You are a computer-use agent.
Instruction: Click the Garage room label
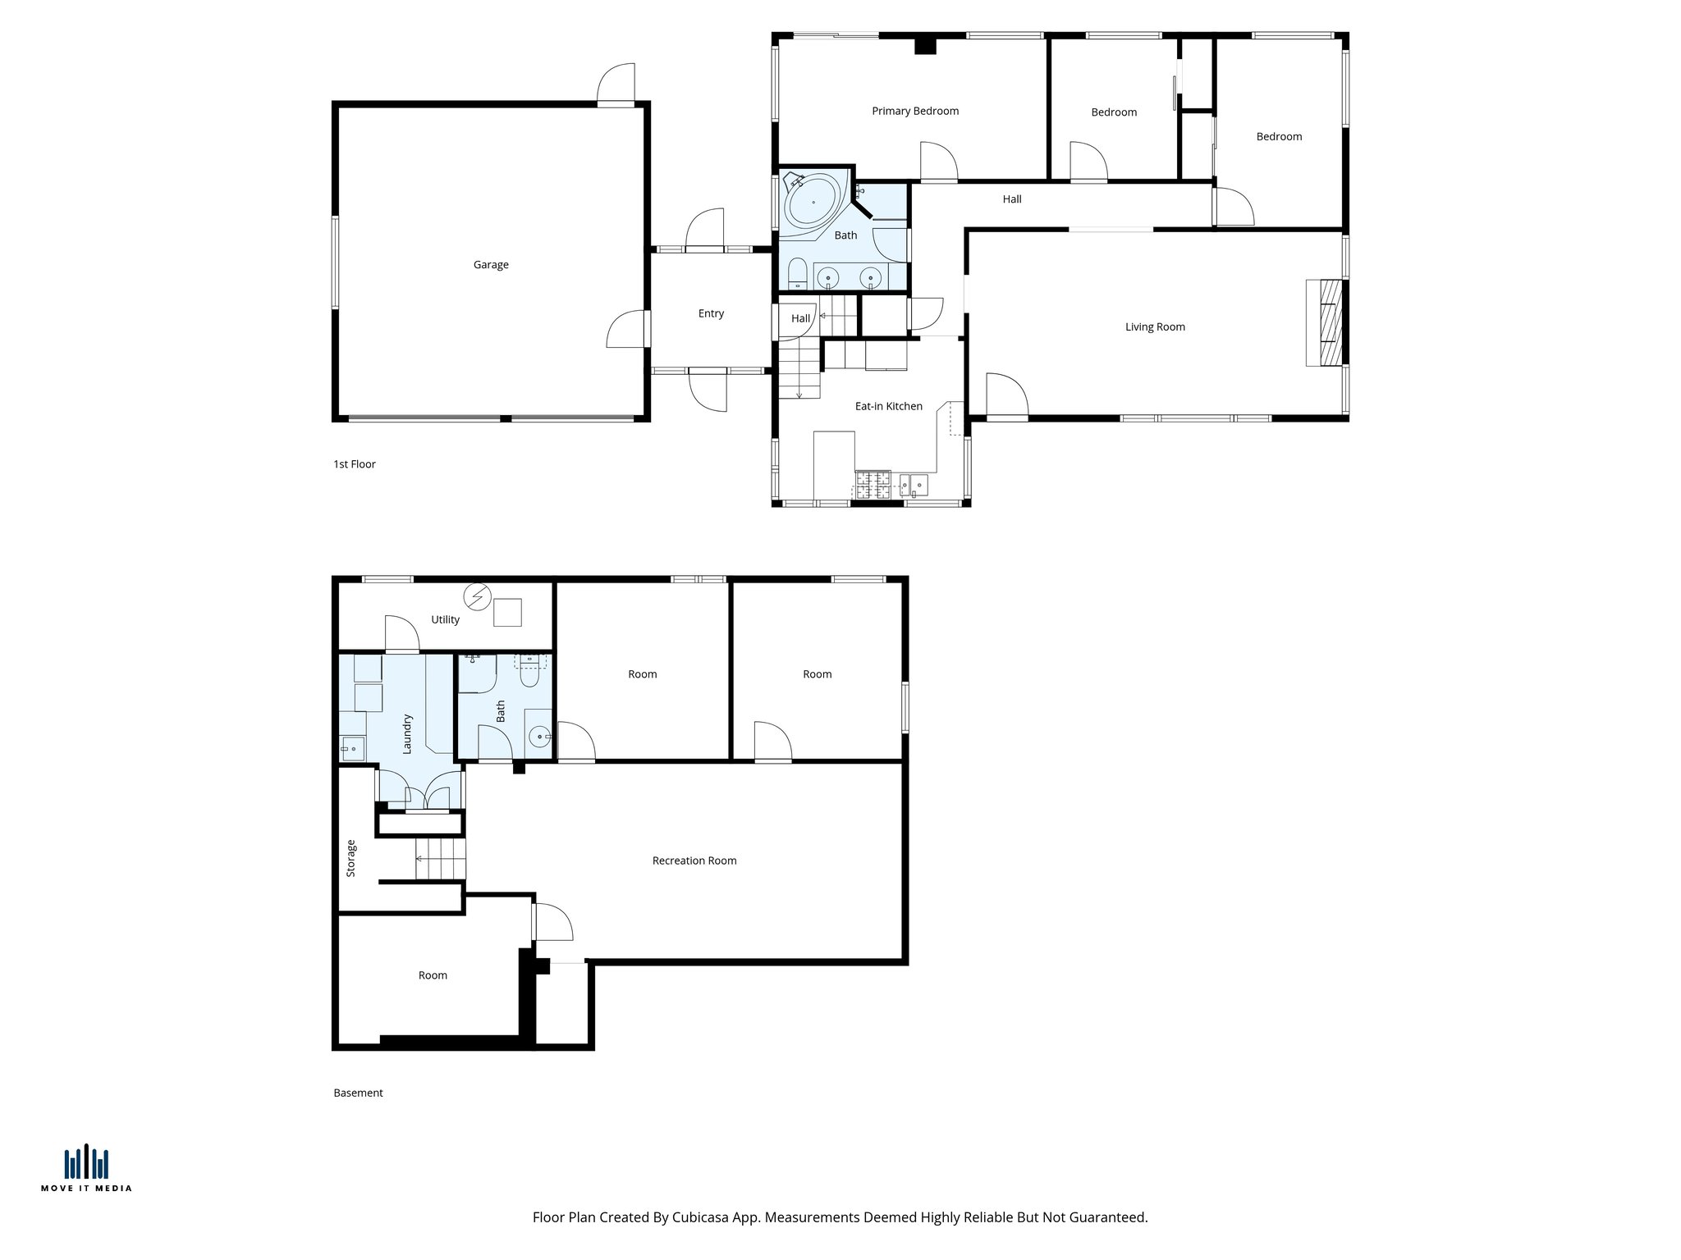coord(491,265)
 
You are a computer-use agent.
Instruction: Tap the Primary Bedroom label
coord(914,112)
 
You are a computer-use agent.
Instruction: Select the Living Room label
coord(1154,327)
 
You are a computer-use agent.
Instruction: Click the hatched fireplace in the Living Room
coord(1324,322)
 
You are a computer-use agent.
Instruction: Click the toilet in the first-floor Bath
coord(797,273)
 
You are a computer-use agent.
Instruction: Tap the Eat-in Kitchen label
coord(888,407)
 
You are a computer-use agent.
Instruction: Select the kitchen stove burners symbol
coord(873,484)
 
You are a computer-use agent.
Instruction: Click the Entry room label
coord(711,314)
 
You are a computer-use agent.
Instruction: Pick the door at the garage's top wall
coord(616,85)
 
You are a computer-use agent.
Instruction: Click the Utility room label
coord(445,620)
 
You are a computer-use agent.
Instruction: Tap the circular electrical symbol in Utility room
coord(476,594)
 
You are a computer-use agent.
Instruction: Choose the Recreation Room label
coord(694,861)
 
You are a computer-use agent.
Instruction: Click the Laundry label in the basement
coord(406,734)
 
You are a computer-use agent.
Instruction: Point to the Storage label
coord(351,858)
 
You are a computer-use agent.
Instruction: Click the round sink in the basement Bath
coord(539,737)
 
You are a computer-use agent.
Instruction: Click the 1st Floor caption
coord(354,464)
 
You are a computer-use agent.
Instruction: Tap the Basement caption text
coord(358,1093)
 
